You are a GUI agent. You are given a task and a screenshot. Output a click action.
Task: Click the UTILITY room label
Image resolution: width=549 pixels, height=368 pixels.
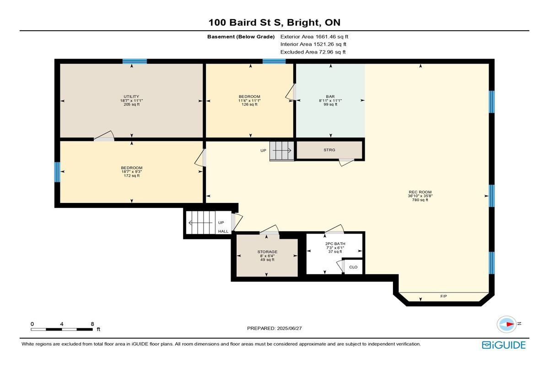pyautogui.click(x=131, y=96)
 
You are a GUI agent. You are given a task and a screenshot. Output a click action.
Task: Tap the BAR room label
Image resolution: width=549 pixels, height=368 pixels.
pyautogui.click(x=330, y=96)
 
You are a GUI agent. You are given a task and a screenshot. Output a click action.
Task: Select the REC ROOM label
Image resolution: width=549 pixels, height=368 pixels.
pyautogui.click(x=420, y=192)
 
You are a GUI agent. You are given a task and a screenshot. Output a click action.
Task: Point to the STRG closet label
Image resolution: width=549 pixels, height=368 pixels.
pyautogui.click(x=329, y=150)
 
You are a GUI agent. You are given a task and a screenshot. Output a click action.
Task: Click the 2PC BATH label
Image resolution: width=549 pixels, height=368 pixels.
pyautogui.click(x=335, y=244)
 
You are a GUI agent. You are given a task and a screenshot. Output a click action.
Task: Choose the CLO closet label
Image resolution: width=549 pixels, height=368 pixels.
pyautogui.click(x=353, y=267)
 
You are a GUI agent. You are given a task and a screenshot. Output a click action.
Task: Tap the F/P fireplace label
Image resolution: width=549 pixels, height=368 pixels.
pyautogui.click(x=444, y=296)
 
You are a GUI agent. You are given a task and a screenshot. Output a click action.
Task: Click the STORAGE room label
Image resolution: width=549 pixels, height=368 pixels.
pyautogui.click(x=267, y=252)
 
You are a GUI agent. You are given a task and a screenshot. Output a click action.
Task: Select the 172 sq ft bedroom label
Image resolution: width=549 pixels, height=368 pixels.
pyautogui.click(x=132, y=171)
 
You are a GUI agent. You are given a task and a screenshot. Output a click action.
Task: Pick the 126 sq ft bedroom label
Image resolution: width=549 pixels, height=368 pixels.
pyautogui.click(x=249, y=101)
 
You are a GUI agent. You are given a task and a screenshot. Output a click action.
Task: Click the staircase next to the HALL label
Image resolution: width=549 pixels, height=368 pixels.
pyautogui.click(x=201, y=223)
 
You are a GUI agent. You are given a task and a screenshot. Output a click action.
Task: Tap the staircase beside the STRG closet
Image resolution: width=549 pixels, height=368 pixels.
pyautogui.click(x=282, y=150)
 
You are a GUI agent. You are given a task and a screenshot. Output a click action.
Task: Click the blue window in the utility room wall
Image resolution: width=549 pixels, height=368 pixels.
pyautogui.click(x=135, y=61)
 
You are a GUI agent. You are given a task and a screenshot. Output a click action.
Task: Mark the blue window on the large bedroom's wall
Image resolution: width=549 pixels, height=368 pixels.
pyautogui.click(x=57, y=172)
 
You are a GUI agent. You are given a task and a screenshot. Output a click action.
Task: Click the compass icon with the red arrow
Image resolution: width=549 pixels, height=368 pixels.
pyautogui.click(x=506, y=324)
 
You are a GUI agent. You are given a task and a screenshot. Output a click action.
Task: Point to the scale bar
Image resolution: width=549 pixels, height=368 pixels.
pyautogui.click(x=62, y=330)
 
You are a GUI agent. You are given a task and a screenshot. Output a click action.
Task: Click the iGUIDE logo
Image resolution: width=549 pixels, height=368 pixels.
pyautogui.click(x=504, y=345)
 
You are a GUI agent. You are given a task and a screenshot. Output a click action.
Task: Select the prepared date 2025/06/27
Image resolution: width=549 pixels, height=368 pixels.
pyautogui.click(x=290, y=328)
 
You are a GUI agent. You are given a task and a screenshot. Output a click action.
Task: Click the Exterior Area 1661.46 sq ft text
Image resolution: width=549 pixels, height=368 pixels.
pyautogui.click(x=314, y=37)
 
